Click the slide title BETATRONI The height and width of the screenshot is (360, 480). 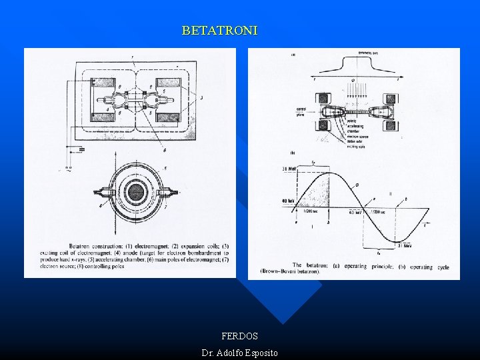[219, 31]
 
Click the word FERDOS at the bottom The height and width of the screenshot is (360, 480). [239, 336]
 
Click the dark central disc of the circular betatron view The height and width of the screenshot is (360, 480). [136, 193]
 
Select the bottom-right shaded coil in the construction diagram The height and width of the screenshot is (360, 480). [168, 117]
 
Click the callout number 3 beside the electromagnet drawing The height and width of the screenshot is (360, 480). [201, 98]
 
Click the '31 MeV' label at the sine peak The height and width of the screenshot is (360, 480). [289, 167]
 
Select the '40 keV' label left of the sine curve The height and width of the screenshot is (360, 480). [288, 200]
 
